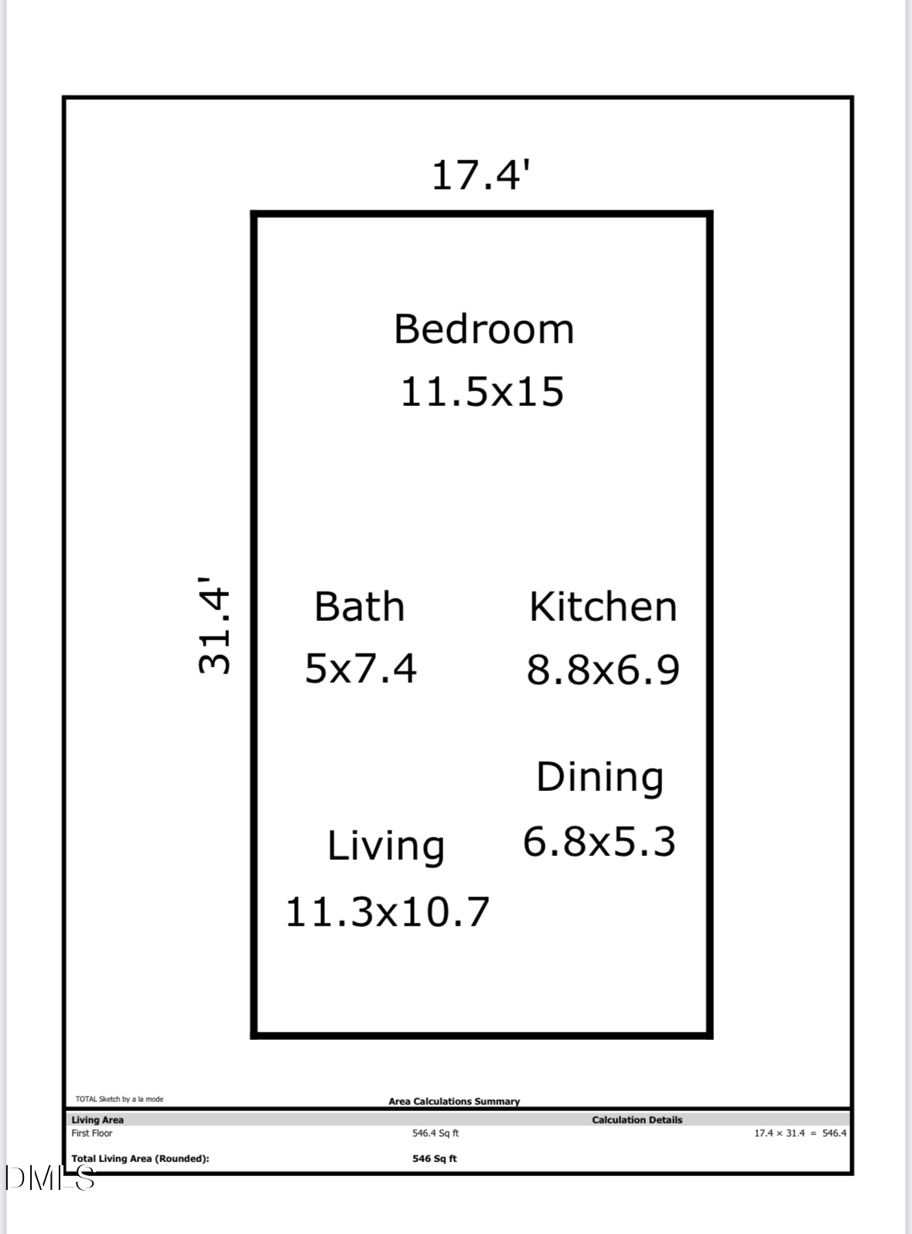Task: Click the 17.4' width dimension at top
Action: click(480, 175)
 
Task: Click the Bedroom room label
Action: click(483, 329)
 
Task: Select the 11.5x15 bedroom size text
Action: click(482, 391)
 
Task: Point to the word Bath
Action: click(359, 606)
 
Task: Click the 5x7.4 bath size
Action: click(360, 668)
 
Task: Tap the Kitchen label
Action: click(603, 606)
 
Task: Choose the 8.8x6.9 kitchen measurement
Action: click(603, 670)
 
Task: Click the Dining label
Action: click(599, 778)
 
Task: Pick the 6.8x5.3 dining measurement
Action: click(599, 841)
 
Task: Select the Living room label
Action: click(385, 846)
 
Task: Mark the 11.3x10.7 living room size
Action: click(388, 912)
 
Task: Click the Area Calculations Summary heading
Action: click(454, 1101)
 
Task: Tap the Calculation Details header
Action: click(637, 1120)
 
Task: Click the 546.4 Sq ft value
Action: click(436, 1133)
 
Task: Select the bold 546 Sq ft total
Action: click(435, 1158)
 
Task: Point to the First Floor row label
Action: click(92, 1133)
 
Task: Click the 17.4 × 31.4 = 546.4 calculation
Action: click(800, 1133)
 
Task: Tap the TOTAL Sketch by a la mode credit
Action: click(119, 1099)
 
